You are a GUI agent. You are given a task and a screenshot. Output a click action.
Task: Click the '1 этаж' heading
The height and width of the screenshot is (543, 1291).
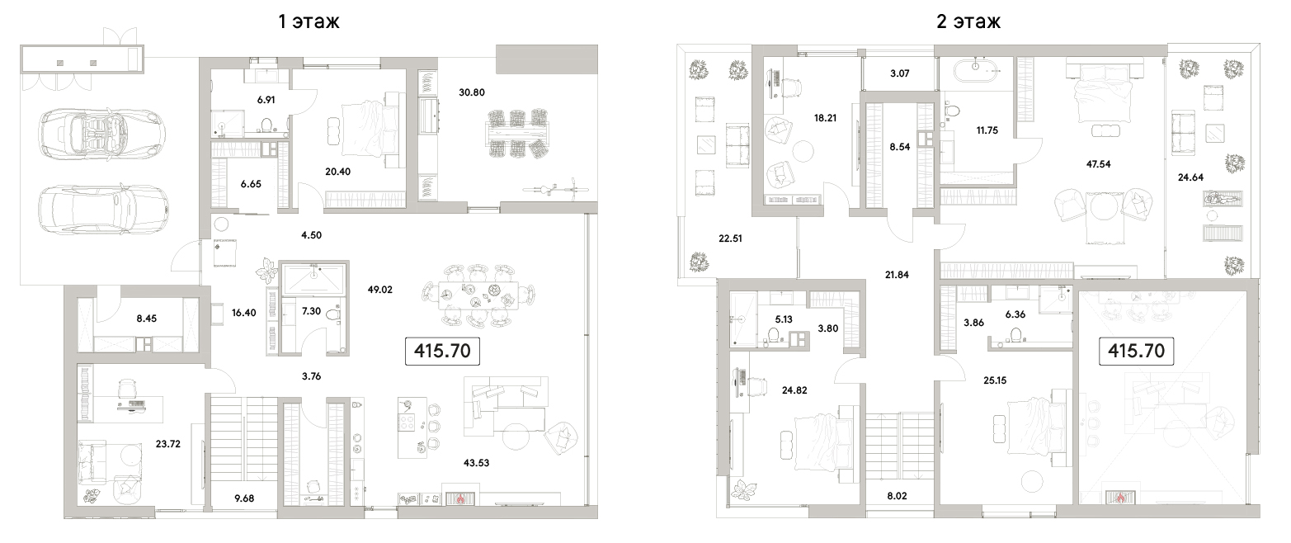(x=309, y=21)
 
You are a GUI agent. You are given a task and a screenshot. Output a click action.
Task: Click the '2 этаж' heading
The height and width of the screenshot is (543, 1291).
(x=968, y=21)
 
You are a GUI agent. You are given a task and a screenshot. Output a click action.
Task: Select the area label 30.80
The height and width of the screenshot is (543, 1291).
(x=472, y=92)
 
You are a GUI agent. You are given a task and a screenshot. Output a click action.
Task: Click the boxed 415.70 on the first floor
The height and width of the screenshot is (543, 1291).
(x=442, y=351)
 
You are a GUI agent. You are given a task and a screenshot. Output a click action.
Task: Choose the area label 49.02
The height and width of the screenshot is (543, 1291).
(x=379, y=290)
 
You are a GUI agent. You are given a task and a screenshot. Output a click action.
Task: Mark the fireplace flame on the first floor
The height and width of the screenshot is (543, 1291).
(x=460, y=498)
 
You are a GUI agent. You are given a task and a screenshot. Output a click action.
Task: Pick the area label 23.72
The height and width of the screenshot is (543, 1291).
(x=167, y=444)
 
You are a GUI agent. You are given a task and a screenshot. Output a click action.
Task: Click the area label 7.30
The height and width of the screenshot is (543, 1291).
(x=311, y=310)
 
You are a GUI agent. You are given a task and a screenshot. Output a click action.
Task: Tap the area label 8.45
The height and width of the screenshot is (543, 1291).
(x=146, y=319)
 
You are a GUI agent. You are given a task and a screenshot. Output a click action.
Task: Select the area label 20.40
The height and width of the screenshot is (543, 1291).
(x=337, y=171)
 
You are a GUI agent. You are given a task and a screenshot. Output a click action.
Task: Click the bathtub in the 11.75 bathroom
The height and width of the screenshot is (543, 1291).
(x=977, y=72)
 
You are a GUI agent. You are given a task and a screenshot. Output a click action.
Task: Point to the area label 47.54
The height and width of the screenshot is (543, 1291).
(x=1098, y=163)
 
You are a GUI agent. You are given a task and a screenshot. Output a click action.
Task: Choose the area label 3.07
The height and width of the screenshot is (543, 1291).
(x=900, y=73)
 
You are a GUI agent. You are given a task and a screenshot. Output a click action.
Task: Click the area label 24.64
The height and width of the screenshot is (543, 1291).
(x=1190, y=177)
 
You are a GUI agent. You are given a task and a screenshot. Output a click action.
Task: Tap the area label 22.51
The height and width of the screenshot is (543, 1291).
(x=730, y=238)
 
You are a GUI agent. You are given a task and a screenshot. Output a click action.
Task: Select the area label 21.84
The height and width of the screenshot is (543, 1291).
(x=897, y=275)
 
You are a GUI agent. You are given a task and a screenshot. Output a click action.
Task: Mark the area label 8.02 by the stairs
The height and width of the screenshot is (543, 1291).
(x=897, y=495)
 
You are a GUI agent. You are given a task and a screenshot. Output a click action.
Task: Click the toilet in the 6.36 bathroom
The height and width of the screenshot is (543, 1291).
(x=1015, y=334)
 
